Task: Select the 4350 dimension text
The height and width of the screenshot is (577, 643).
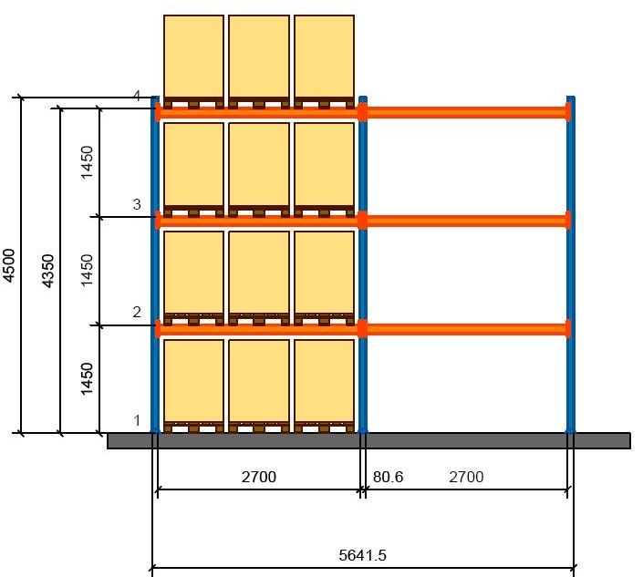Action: (49, 271)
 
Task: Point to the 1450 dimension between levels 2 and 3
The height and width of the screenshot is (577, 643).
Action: (87, 271)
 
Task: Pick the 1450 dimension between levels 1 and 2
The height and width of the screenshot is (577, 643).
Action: (87, 378)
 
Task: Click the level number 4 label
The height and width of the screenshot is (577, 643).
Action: (136, 96)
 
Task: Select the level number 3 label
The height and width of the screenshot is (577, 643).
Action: (136, 204)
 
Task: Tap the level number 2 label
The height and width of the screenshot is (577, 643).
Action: (136, 312)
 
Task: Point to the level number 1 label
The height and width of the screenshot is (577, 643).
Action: (136, 420)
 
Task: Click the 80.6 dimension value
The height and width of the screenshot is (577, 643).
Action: (389, 476)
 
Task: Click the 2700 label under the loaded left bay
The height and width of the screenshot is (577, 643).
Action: (257, 476)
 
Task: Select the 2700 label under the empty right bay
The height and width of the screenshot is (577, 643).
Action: (465, 476)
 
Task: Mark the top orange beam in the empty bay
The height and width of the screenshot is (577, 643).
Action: (467, 112)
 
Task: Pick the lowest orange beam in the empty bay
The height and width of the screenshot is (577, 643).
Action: (467, 328)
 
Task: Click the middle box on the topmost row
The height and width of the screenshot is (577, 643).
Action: (259, 57)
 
